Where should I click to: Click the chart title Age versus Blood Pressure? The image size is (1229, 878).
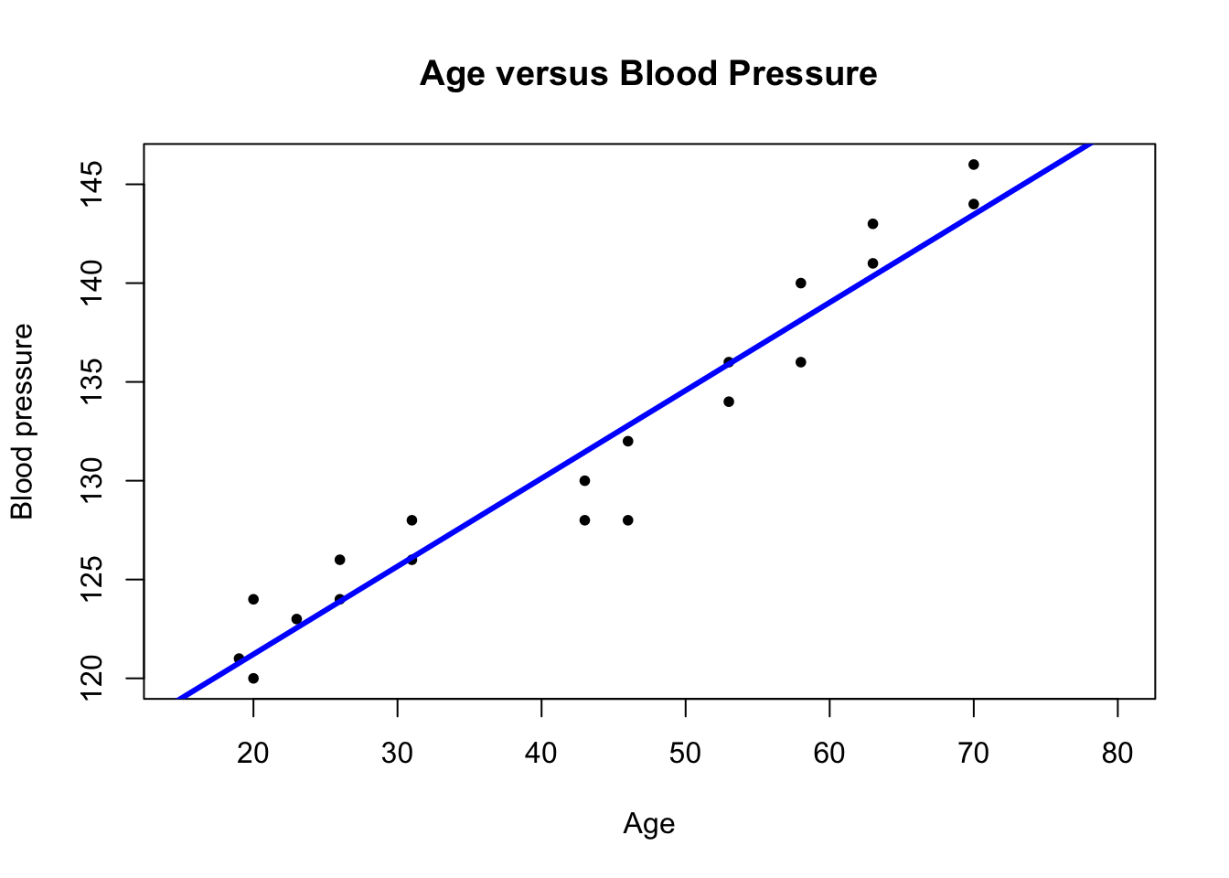click(x=648, y=73)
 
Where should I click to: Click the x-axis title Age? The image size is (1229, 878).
click(x=648, y=824)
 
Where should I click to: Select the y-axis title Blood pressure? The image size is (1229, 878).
click(x=22, y=422)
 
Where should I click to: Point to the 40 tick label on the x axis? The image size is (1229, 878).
click(x=541, y=754)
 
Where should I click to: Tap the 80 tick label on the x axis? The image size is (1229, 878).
click(x=1117, y=754)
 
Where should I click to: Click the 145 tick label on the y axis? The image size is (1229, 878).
click(x=93, y=184)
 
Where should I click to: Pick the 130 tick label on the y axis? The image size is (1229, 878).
click(x=93, y=480)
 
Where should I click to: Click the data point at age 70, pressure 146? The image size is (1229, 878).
click(x=974, y=165)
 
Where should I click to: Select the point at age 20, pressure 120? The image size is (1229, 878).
click(x=253, y=679)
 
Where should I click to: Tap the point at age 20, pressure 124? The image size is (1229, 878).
click(x=253, y=599)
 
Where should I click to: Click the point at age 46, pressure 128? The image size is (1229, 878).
click(x=628, y=520)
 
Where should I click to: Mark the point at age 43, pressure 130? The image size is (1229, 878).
click(x=584, y=481)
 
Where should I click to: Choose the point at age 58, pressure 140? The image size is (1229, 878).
click(x=801, y=284)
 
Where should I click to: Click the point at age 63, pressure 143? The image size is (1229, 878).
click(x=872, y=224)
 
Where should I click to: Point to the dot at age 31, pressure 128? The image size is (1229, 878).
click(x=411, y=520)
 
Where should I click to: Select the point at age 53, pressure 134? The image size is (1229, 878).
click(x=729, y=402)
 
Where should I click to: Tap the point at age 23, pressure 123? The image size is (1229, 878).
click(x=296, y=619)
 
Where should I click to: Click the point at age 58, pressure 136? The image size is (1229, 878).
click(x=801, y=362)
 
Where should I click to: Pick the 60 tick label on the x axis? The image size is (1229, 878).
click(x=829, y=754)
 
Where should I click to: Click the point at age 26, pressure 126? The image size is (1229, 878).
click(x=339, y=560)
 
